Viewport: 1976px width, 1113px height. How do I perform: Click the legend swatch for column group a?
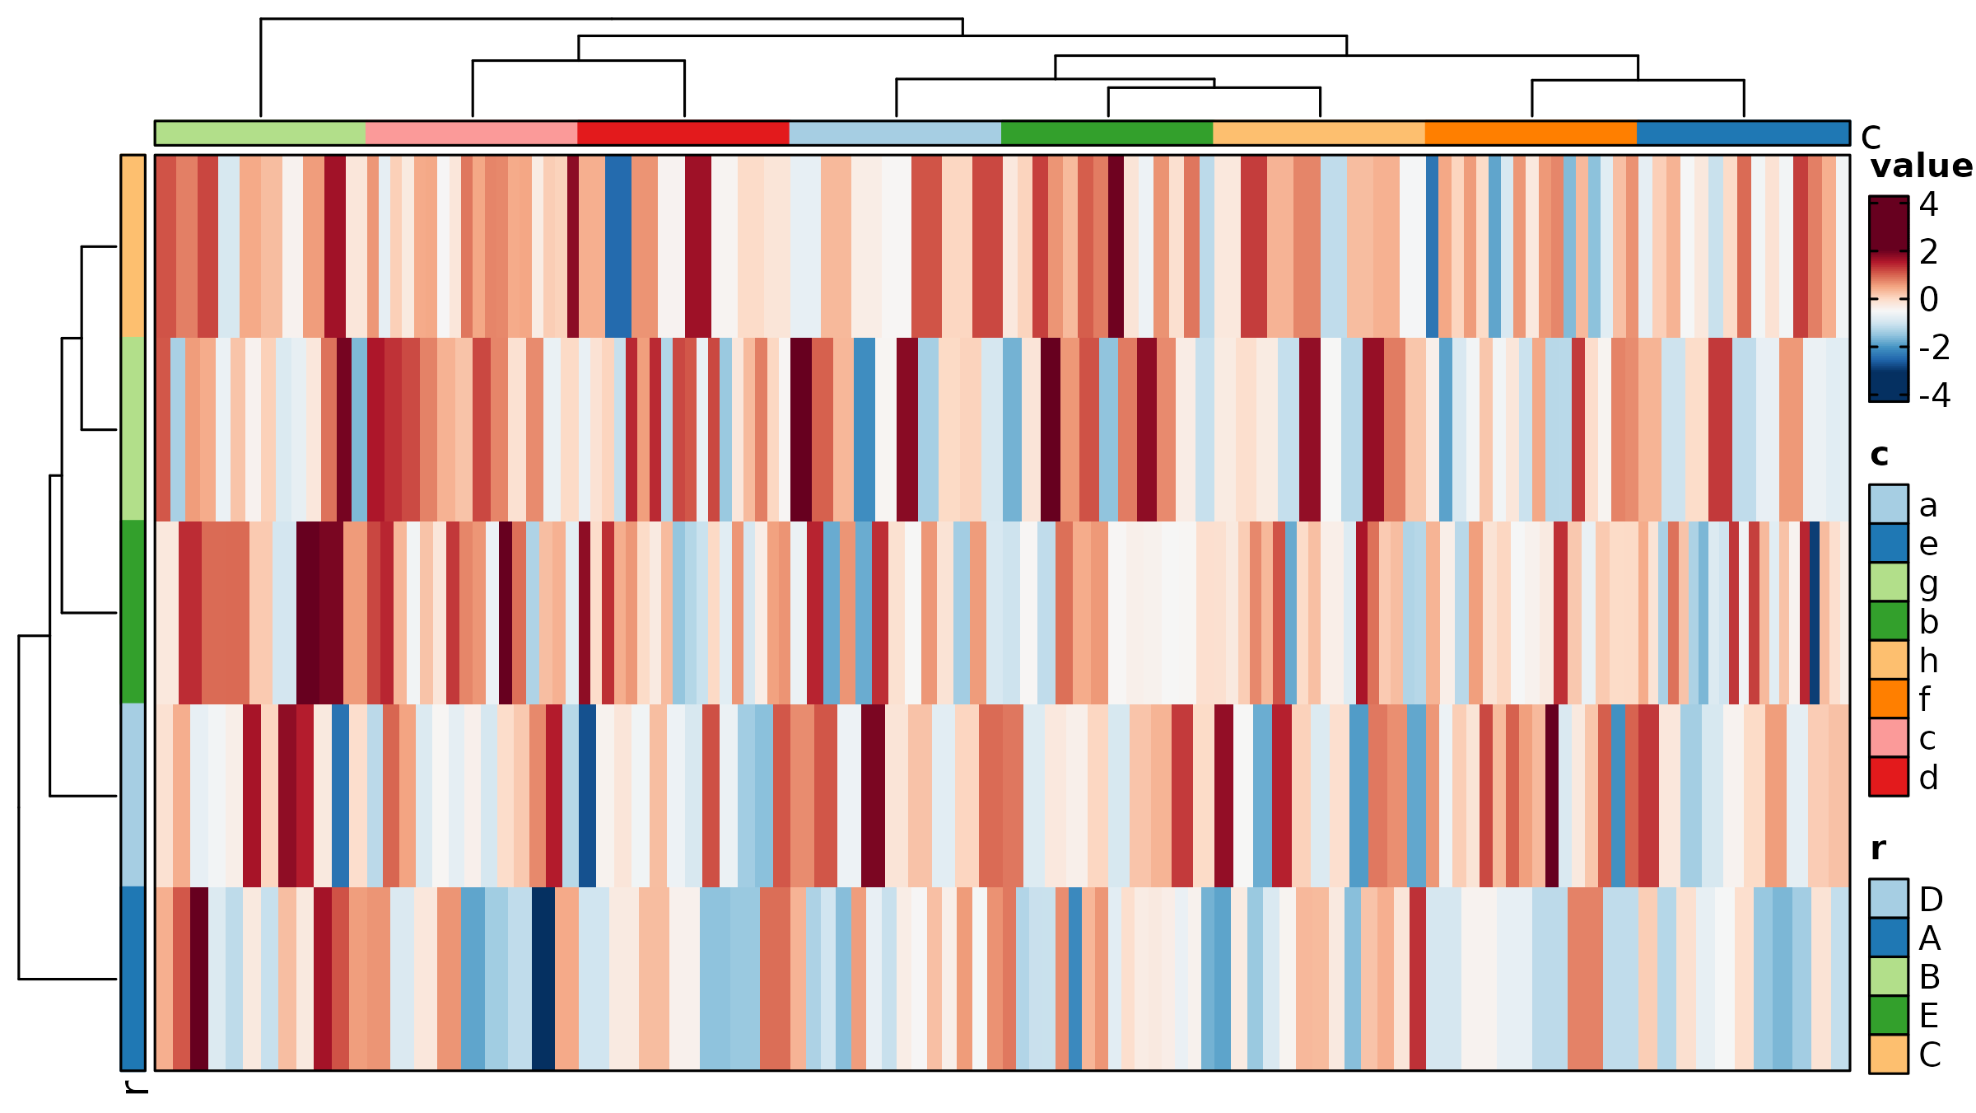pos(1888,504)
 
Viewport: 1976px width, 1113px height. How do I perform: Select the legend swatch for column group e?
pos(1888,544)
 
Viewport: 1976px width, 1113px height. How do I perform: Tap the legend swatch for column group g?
pos(1888,582)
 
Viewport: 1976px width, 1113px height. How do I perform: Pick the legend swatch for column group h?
pos(1888,660)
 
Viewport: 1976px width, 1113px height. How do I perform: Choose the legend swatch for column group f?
pos(1888,699)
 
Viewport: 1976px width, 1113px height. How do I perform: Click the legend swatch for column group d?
pos(1888,777)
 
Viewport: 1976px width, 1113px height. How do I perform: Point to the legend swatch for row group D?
pos(1888,899)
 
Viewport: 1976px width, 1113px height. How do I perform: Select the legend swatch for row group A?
pos(1888,938)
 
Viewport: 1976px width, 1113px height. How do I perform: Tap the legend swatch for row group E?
pos(1888,1015)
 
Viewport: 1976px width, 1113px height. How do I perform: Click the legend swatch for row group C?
pos(1888,1054)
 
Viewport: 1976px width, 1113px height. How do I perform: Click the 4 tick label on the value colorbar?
pos(1928,204)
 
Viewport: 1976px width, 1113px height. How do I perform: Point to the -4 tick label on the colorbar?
pos(1934,395)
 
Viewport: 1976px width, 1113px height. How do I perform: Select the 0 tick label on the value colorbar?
pos(1928,300)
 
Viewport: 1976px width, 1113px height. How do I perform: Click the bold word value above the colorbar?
pos(1921,166)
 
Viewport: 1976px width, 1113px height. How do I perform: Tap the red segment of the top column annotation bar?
pos(683,133)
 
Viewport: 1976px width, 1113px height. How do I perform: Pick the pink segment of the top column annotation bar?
pos(471,133)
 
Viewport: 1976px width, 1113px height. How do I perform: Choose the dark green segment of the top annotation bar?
pos(1107,133)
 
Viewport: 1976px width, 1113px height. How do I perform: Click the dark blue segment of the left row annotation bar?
pos(133,979)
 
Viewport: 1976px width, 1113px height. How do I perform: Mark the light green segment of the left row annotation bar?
pos(133,429)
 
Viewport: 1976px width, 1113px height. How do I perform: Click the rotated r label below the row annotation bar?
pos(134,1087)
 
